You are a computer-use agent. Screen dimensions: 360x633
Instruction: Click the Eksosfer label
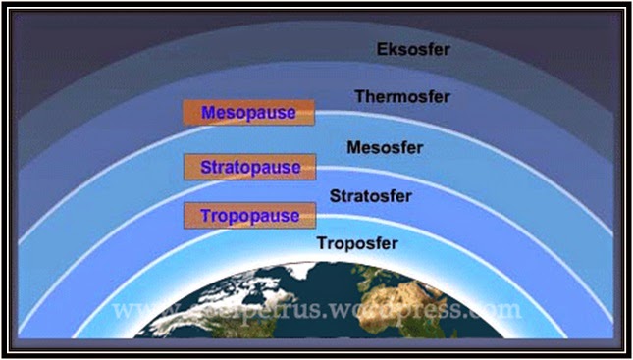413,48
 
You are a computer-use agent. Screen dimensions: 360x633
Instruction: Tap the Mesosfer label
385,149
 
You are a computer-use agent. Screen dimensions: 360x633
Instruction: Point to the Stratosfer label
370,196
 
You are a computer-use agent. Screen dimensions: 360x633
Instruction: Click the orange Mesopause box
248,113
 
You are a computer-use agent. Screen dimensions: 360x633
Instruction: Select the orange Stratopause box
249,167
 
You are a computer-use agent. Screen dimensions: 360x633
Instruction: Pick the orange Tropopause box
249,215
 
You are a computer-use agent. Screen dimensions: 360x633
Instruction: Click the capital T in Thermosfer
359,97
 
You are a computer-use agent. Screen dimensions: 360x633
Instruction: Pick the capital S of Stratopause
206,167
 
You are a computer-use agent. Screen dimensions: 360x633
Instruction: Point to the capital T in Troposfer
321,241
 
